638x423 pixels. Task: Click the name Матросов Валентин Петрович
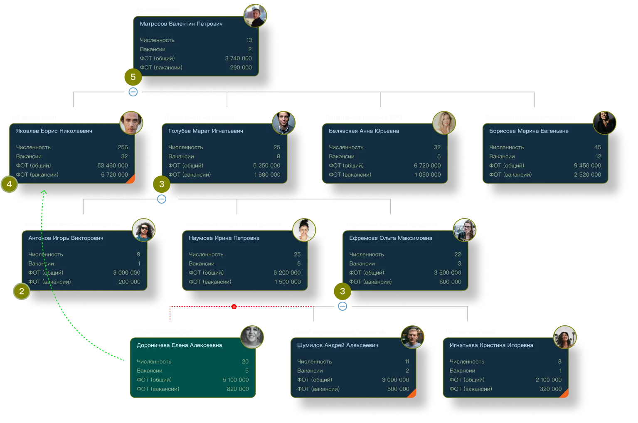(x=181, y=24)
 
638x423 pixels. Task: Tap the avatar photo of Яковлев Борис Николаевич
(x=131, y=123)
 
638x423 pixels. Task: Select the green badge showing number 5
(x=133, y=77)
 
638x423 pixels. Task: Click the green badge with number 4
(x=9, y=184)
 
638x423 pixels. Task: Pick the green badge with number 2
(x=22, y=291)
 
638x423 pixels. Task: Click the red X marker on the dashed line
(x=234, y=307)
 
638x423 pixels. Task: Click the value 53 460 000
(x=113, y=165)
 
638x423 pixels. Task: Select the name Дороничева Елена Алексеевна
(x=179, y=345)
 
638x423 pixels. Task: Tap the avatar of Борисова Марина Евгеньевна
(x=604, y=123)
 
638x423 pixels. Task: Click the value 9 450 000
(x=587, y=165)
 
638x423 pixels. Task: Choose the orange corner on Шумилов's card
(x=412, y=394)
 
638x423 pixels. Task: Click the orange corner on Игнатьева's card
(x=565, y=394)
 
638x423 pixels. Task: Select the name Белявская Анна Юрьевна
(x=364, y=131)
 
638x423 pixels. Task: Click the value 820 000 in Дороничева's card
(x=238, y=389)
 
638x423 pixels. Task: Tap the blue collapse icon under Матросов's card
(x=133, y=92)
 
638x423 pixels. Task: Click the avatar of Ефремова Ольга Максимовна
(x=464, y=230)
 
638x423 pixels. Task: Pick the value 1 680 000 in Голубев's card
(x=267, y=175)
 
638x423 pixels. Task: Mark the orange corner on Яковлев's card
(x=131, y=180)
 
